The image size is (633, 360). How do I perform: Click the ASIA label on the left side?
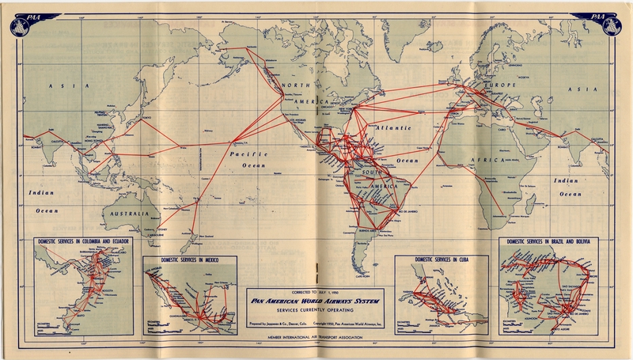(60, 85)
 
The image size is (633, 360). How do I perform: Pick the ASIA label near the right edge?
(595, 85)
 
